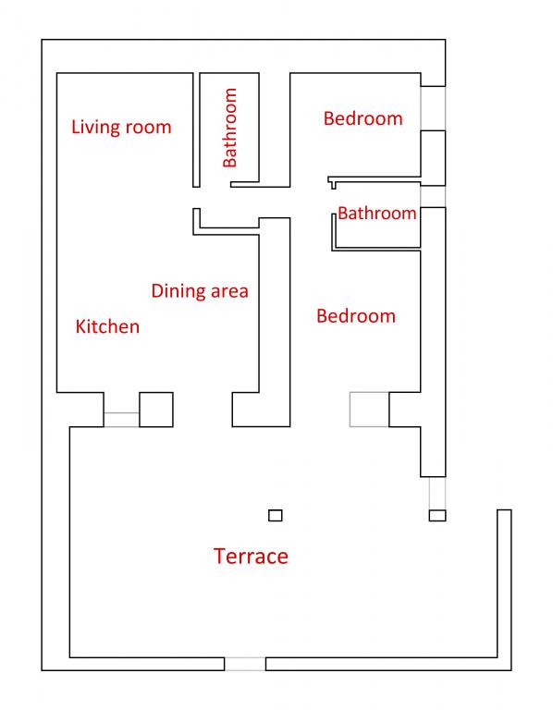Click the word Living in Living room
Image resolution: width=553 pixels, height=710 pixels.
[x=95, y=128]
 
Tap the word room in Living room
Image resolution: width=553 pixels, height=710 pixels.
[x=148, y=128]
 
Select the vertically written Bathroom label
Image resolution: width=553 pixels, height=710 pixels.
[x=230, y=128]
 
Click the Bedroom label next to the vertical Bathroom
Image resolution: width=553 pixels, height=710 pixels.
[x=363, y=118]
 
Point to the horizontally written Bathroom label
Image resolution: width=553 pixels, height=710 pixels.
[x=376, y=214]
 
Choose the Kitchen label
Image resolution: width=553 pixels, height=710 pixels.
[x=107, y=327]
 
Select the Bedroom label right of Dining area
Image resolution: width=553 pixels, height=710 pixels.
[x=356, y=316]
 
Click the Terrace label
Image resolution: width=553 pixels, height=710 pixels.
[x=251, y=556]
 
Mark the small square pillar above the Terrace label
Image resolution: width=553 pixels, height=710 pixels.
[x=276, y=515]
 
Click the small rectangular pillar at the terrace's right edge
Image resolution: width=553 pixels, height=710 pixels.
[x=437, y=515]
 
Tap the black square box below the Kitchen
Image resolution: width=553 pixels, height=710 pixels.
[x=156, y=410]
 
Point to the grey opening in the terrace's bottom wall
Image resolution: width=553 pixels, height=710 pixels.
[x=245, y=664]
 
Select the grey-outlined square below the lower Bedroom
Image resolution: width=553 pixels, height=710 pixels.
[x=369, y=410]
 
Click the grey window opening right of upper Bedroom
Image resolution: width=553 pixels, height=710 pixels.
[x=433, y=108]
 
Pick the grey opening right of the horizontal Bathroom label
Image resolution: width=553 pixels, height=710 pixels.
[x=433, y=197]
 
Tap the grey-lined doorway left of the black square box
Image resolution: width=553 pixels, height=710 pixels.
[x=121, y=420]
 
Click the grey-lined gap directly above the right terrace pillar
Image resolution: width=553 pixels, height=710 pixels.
[x=437, y=493]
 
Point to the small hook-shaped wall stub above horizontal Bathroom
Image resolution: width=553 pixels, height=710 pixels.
[x=332, y=182]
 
